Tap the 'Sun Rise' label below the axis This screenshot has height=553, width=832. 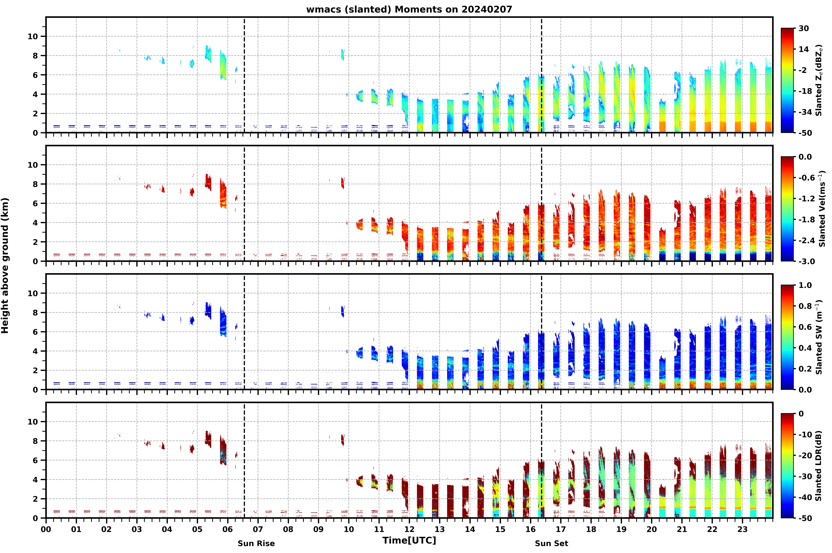pyautogui.click(x=256, y=544)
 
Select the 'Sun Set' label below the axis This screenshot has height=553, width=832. pyautogui.click(x=551, y=544)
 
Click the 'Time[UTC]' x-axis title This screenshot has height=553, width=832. pyautogui.click(x=409, y=540)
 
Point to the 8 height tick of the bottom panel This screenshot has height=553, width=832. pyautogui.click(x=35, y=441)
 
